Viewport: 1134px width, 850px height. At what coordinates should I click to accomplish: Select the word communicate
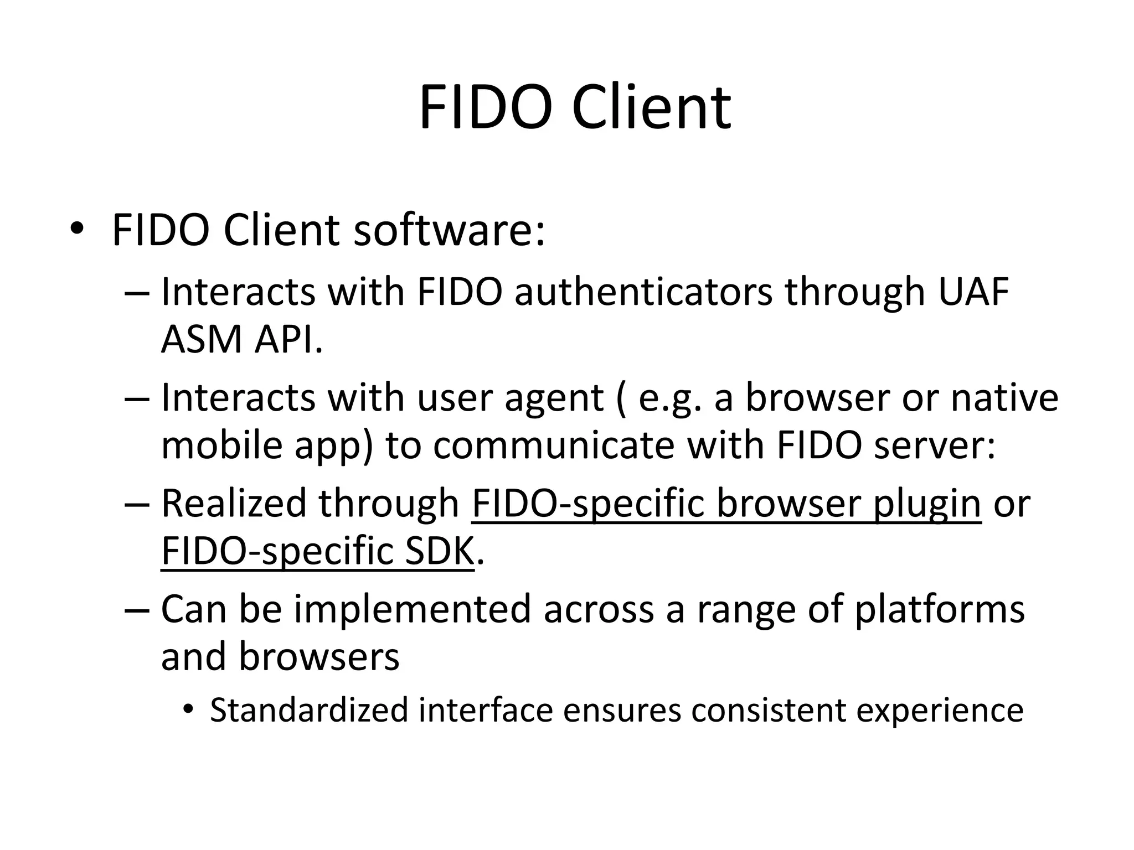[554, 445]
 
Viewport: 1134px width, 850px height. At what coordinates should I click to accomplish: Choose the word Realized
[233, 504]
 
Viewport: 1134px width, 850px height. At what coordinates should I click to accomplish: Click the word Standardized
[309, 710]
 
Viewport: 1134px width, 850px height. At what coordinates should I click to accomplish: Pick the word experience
[940, 711]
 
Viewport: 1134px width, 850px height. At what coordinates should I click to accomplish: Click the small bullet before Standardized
[189, 709]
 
